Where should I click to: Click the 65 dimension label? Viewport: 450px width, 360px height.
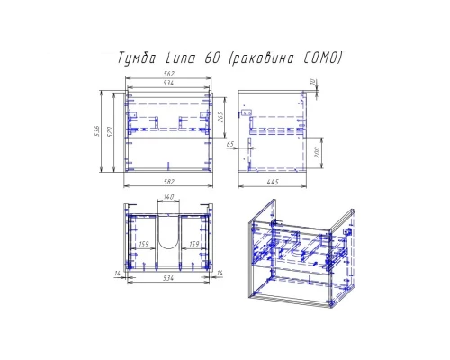pyautogui.click(x=230, y=143)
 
